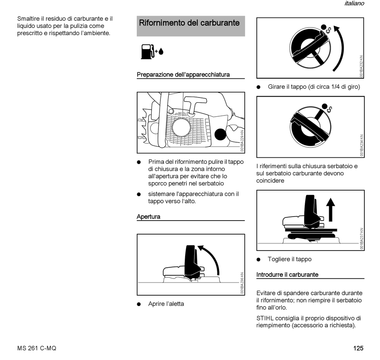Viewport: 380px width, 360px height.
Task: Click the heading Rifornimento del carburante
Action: pyautogui.click(x=189, y=23)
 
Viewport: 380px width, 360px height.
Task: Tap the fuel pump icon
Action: pyautogui.click(x=147, y=52)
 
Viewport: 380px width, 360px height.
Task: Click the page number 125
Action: pyautogui.click(x=358, y=348)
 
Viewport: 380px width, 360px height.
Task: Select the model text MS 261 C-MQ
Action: pyautogui.click(x=37, y=348)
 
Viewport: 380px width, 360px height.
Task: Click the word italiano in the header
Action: pyautogui.click(x=354, y=4)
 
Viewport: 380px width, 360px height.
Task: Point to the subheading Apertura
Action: pyautogui.click(x=148, y=217)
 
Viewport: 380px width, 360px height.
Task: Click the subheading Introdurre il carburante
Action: pyautogui.click(x=287, y=275)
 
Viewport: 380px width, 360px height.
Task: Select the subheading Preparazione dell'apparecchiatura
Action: pyautogui.click(x=183, y=75)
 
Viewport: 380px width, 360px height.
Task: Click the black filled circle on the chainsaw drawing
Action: pyautogui.click(x=220, y=134)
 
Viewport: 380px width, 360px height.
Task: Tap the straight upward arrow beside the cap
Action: pyautogui.click(x=330, y=210)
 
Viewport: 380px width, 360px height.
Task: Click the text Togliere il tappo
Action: pyautogui.click(x=290, y=259)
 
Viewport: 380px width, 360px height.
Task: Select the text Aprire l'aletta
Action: pyautogui.click(x=166, y=304)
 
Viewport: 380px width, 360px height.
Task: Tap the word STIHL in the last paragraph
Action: pyautogui.click(x=265, y=318)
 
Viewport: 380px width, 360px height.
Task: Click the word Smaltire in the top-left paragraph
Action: pyautogui.click(x=29, y=19)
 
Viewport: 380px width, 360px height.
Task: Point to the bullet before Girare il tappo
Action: pyautogui.click(x=259, y=87)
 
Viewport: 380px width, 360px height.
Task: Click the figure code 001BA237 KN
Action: pyautogui.click(x=362, y=239)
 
